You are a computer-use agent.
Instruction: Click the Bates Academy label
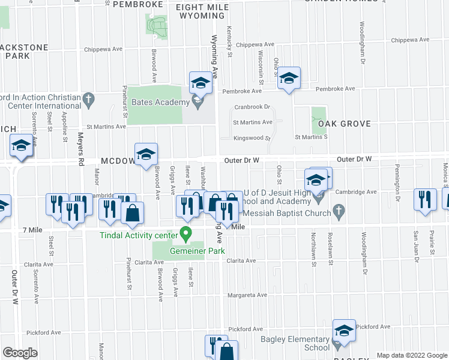(x=160, y=103)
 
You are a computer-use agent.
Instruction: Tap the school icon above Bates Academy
(x=200, y=82)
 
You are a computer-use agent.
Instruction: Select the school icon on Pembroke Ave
(x=289, y=78)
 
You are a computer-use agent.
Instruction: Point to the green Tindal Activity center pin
(x=186, y=233)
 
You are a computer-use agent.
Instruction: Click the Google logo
(x=20, y=353)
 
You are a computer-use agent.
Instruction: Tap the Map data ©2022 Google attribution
(x=411, y=355)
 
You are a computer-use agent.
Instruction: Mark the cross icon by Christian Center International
(x=89, y=100)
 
